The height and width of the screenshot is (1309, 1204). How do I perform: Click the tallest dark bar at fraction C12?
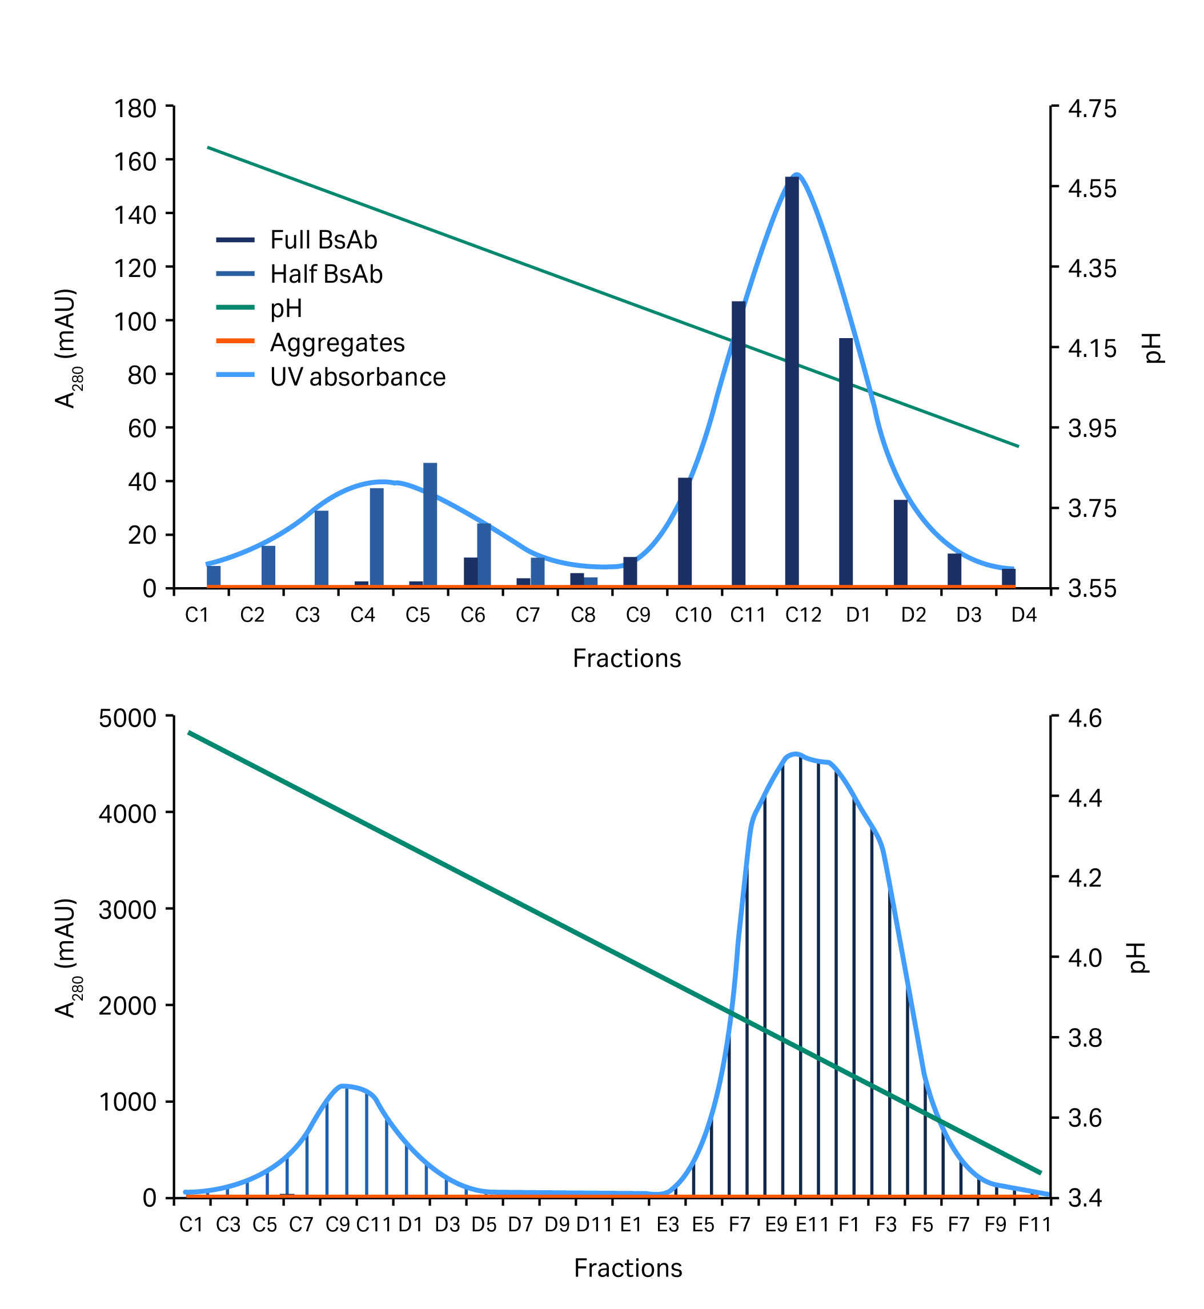[x=792, y=381]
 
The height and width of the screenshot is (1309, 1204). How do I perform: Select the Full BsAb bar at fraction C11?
[x=738, y=443]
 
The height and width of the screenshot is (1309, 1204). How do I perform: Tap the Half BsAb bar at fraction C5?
[x=430, y=524]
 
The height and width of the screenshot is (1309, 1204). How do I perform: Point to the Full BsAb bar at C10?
[x=685, y=532]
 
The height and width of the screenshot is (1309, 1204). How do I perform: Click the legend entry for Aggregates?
[x=337, y=343]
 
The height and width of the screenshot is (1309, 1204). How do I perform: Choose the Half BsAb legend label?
[x=326, y=274]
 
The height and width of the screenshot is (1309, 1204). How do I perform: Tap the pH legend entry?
[x=286, y=308]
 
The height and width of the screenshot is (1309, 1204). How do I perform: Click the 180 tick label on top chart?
[x=135, y=108]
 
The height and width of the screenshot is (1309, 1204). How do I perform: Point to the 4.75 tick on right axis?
[x=1092, y=108]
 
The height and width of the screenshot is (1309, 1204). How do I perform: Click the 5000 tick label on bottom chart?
[x=128, y=718]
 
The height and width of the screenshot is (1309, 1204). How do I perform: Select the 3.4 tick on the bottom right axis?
[x=1085, y=1198]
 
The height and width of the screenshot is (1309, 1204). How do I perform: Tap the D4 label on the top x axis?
[x=1024, y=615]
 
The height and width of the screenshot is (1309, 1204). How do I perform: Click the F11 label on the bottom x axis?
[x=1034, y=1225]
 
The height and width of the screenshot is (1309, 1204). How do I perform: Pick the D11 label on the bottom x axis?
[x=593, y=1225]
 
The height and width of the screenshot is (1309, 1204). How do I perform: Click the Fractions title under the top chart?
[x=627, y=658]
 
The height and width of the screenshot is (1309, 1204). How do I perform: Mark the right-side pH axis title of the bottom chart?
[x=1138, y=958]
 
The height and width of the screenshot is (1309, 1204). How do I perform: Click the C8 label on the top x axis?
[x=583, y=615]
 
